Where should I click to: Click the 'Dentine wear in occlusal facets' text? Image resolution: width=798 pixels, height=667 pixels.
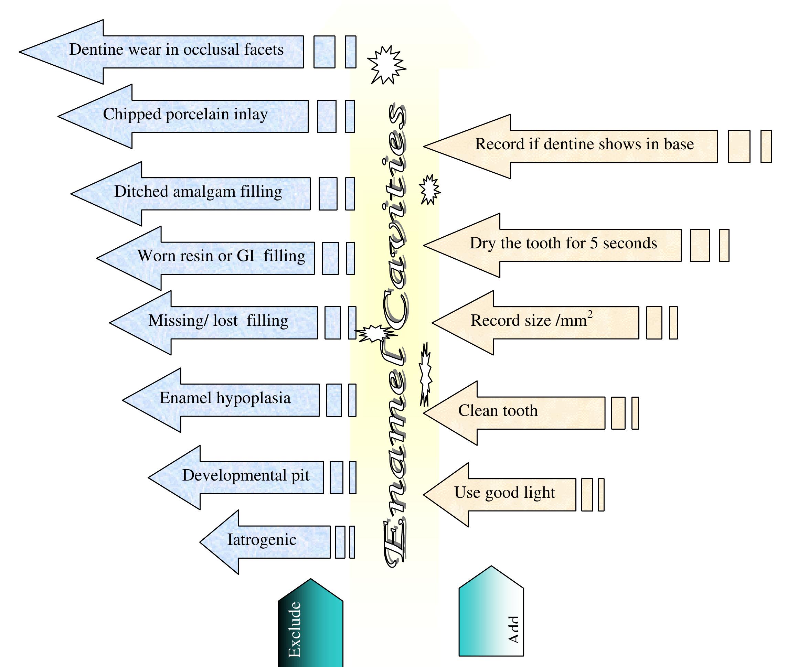(176, 50)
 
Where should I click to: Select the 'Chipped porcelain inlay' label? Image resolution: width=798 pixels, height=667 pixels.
(185, 114)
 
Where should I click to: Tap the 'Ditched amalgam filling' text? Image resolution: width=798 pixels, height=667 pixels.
(198, 192)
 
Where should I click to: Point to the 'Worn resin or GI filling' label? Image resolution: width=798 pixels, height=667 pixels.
(221, 256)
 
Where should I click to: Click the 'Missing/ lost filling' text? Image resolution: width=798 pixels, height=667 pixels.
(218, 321)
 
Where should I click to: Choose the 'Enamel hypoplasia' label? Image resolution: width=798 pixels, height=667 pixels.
(225, 398)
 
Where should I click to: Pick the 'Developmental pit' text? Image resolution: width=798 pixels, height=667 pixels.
(245, 475)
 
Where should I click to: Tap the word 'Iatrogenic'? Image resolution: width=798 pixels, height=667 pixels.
(262, 540)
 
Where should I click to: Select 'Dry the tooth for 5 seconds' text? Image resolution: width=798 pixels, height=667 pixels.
(563, 244)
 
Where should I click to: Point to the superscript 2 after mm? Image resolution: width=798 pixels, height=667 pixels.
(590, 314)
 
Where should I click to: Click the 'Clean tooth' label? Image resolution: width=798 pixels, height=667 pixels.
(498, 411)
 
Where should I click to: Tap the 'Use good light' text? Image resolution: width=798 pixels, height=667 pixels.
(504, 493)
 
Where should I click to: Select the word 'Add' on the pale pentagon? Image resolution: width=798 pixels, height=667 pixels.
(513, 630)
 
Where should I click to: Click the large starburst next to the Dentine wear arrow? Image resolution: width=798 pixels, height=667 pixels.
(386, 65)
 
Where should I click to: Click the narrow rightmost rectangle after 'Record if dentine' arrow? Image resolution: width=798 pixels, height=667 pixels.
(766, 147)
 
